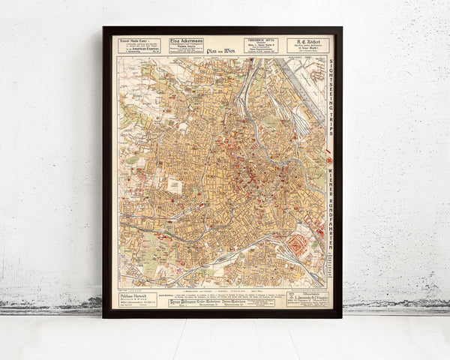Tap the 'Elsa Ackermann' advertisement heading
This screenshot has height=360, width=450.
pos(186,40)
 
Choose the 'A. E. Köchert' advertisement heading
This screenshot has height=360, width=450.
pos(307,40)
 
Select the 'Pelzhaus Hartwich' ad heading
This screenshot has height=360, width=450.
pos(136,295)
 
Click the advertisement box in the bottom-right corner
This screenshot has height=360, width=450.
pos(307,298)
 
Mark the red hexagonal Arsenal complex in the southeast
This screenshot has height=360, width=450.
pos(298,244)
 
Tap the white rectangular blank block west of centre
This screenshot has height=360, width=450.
pos(174,184)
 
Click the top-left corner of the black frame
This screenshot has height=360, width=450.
pos(104,28)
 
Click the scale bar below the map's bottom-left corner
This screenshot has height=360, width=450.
pos(127,287)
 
